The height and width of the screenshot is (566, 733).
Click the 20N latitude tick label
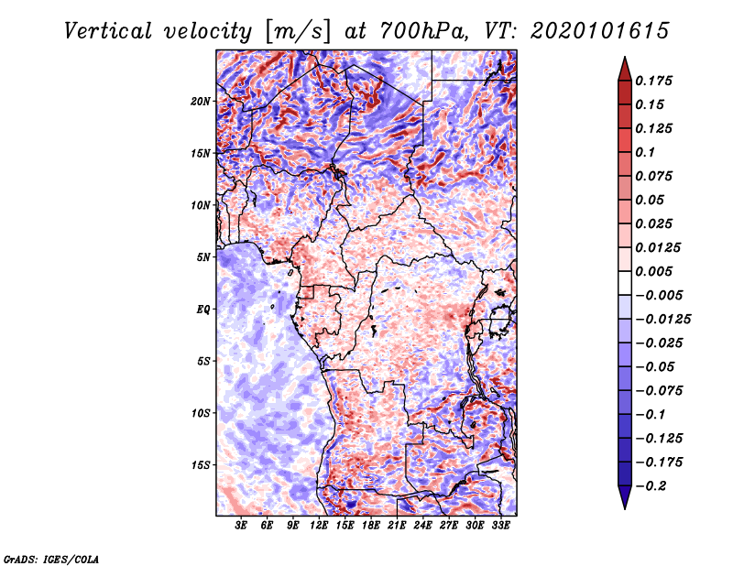[x=201, y=102]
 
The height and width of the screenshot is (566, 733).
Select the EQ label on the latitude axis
[x=203, y=310]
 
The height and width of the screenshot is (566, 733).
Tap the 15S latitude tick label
[x=201, y=465]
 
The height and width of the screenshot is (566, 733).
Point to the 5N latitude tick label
[x=203, y=257]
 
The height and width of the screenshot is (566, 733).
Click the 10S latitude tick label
[x=201, y=414]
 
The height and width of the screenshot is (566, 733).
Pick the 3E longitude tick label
[x=241, y=526]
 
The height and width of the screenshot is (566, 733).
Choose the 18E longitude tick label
[x=371, y=526]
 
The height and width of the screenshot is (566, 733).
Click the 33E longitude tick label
[x=500, y=526]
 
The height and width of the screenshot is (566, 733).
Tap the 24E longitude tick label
[x=422, y=526]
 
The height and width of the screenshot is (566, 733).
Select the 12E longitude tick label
[x=319, y=526]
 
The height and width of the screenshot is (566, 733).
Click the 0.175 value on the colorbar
[x=653, y=81]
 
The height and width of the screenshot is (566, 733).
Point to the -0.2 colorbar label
[x=651, y=486]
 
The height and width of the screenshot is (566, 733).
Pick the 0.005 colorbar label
[x=653, y=271]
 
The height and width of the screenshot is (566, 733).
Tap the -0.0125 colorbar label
[x=662, y=320]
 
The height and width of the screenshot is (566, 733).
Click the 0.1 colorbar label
[x=645, y=152]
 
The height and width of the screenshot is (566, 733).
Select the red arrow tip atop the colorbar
[x=625, y=57]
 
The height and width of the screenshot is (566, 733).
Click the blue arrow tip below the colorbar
[x=625, y=508]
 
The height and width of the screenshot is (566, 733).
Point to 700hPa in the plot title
[x=423, y=31]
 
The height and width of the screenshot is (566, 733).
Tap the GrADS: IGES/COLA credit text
[x=51, y=560]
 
